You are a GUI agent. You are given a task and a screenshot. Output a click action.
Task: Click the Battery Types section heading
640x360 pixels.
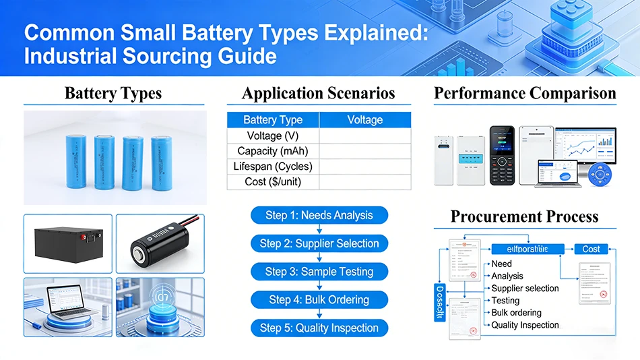pyautogui.click(x=113, y=93)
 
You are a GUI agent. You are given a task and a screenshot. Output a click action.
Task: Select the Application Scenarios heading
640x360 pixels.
pyautogui.click(x=318, y=93)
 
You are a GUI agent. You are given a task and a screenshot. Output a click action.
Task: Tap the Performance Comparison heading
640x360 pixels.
pyautogui.click(x=525, y=93)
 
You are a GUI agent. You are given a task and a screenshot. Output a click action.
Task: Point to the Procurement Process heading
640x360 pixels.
pyautogui.click(x=524, y=216)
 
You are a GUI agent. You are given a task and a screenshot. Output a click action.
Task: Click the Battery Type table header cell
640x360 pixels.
pyautogui.click(x=272, y=120)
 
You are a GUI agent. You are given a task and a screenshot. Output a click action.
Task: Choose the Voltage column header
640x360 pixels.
pyautogui.click(x=364, y=120)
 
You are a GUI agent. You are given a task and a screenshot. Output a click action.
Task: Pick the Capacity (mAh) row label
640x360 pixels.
pyautogui.click(x=272, y=151)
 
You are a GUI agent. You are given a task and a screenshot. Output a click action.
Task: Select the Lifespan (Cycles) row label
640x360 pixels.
pyautogui.click(x=272, y=167)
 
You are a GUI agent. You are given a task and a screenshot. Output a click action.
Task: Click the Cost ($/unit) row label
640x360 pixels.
pyautogui.click(x=272, y=182)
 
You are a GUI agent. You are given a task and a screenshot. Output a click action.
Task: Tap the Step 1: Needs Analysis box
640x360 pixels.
pyautogui.click(x=319, y=216)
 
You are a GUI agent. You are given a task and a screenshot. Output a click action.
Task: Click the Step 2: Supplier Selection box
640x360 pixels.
pyautogui.click(x=319, y=244)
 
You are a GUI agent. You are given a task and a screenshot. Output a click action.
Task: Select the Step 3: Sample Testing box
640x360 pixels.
pyautogui.click(x=319, y=272)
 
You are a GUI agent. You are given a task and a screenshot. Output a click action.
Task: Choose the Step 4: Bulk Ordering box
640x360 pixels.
pyautogui.click(x=319, y=300)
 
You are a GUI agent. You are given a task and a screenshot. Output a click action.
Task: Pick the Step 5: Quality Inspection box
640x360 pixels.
pyautogui.click(x=319, y=328)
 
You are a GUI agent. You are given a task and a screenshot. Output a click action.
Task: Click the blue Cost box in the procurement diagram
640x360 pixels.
pyautogui.click(x=591, y=249)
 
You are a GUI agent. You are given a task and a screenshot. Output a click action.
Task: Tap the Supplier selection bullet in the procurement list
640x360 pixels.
pyautogui.click(x=525, y=289)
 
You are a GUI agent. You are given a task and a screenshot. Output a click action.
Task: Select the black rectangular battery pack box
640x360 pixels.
pyautogui.click(x=67, y=244)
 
